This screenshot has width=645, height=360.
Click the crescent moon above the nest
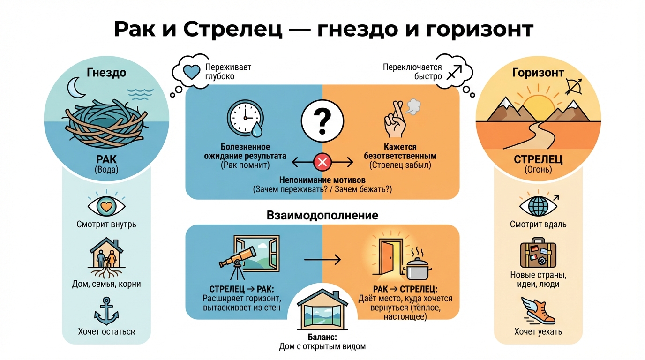[75, 87]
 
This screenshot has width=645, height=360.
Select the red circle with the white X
[322, 163]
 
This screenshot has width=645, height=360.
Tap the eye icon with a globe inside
[538, 206]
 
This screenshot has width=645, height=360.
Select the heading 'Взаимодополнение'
[322, 216]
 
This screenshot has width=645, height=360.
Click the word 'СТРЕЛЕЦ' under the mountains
[538, 159]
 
